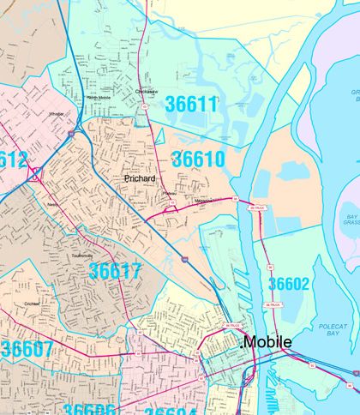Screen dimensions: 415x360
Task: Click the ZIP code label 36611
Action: [x=192, y=105]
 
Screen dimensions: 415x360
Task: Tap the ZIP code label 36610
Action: [x=198, y=159]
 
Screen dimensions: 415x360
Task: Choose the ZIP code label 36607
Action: [x=27, y=350]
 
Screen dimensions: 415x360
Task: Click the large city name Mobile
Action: [x=268, y=342]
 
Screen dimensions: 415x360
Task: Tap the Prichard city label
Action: [x=140, y=178]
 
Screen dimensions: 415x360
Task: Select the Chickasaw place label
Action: [x=148, y=90]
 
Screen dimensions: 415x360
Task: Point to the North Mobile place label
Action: [x=99, y=98]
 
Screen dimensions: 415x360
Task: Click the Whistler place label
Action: [x=57, y=113]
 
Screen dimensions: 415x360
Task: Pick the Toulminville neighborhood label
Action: [x=83, y=232]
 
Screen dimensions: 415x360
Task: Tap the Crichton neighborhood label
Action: [x=32, y=304]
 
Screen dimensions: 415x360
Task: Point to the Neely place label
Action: [x=53, y=205]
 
